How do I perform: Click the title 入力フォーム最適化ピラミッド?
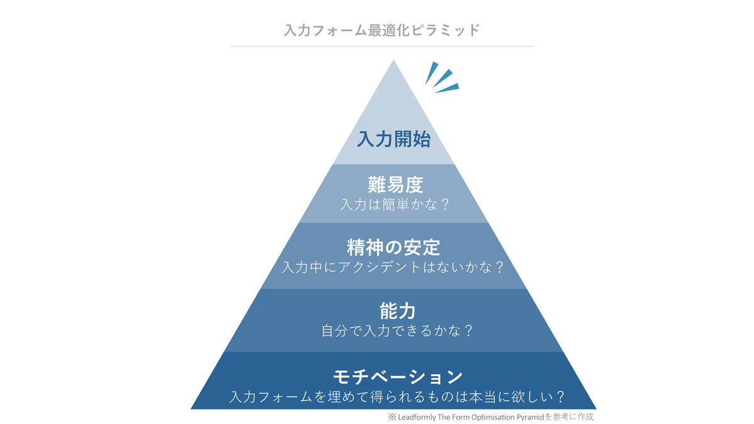click(382, 30)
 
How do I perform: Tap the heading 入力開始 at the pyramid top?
click(393, 139)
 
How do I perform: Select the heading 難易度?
click(395, 185)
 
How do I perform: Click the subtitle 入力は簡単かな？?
click(395, 205)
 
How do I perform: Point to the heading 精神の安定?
click(393, 247)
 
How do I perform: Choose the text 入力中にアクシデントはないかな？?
click(393, 267)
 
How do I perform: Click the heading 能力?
click(398, 311)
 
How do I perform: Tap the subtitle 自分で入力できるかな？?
click(397, 331)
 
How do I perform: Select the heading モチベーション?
click(398, 377)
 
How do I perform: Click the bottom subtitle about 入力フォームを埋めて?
click(397, 397)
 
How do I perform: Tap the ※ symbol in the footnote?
click(392, 417)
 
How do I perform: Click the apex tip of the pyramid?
click(393, 60)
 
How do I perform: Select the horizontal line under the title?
click(382, 46)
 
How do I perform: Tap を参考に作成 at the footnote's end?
click(569, 417)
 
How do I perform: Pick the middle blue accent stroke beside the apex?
click(442, 79)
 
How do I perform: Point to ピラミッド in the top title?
click(445, 30)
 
